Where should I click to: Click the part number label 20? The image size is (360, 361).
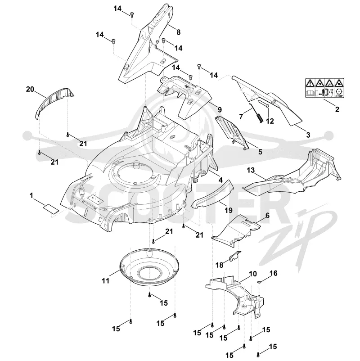[30, 89]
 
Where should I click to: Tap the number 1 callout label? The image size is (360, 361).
[31, 196]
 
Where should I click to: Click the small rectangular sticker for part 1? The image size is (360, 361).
[51, 209]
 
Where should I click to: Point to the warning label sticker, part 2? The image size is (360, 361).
[324, 88]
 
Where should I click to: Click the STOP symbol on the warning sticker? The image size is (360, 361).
[339, 93]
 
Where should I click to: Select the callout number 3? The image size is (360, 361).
[308, 135]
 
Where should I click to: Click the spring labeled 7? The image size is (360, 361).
[256, 113]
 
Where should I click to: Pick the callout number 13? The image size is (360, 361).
[251, 170]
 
